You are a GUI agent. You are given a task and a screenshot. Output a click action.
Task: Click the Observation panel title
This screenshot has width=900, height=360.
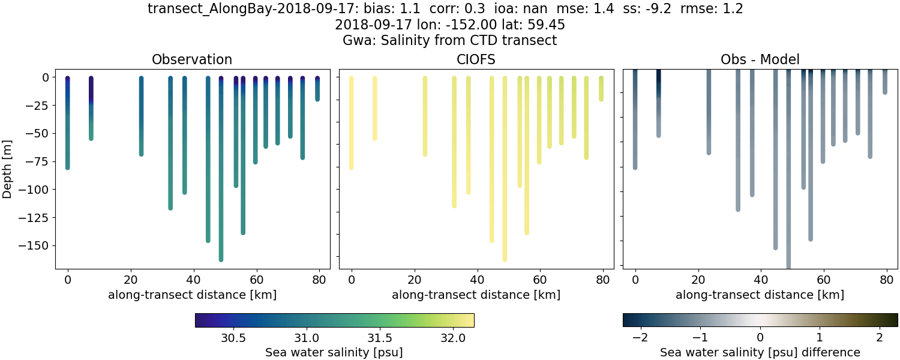coord(192,59)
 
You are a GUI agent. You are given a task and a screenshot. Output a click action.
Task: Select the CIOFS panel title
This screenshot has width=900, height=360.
coord(476,59)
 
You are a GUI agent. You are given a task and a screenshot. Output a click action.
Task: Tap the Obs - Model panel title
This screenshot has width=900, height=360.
coord(760,59)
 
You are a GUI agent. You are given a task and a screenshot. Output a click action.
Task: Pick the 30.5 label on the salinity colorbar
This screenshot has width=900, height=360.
coord(233,338)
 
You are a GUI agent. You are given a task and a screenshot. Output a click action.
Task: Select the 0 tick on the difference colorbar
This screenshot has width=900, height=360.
coord(760,338)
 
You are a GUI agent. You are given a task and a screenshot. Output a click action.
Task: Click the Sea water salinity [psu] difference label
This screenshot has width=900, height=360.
coord(760,352)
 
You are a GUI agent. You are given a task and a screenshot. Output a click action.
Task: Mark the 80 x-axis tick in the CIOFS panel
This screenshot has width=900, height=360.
coord(603,279)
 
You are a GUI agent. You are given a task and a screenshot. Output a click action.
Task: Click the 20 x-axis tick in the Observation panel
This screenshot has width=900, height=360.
coord(130,279)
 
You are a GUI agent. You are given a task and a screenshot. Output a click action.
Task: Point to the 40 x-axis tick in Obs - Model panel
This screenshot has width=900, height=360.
coord(761,279)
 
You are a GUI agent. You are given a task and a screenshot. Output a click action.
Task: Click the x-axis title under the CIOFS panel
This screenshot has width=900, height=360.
coord(476,295)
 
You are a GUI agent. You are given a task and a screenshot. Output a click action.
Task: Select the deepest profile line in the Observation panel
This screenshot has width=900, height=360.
coord(221,180)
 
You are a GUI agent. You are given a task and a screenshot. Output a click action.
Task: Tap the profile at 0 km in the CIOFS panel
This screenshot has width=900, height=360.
coord(351,120)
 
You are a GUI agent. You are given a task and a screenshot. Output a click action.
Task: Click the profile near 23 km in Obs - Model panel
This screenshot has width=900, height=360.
coord(709,114)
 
